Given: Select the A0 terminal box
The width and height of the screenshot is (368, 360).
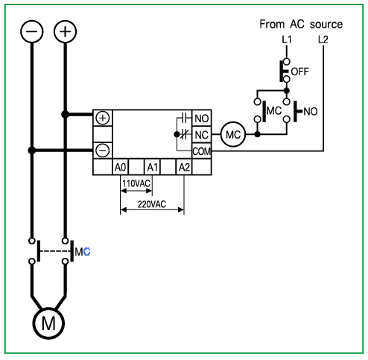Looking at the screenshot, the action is click(120, 167).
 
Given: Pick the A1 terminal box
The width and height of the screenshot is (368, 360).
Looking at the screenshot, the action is click(152, 167).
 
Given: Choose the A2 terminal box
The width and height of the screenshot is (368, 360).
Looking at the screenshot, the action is click(184, 167).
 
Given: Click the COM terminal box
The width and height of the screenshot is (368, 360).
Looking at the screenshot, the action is click(202, 151).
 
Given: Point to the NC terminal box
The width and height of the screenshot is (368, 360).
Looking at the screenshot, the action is click(202, 135).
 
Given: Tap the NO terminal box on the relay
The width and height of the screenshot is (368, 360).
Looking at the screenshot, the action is click(202, 119).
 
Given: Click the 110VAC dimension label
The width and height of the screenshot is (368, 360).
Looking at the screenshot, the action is click(136, 183).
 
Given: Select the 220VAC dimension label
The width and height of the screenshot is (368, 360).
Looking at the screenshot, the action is click(152, 204).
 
